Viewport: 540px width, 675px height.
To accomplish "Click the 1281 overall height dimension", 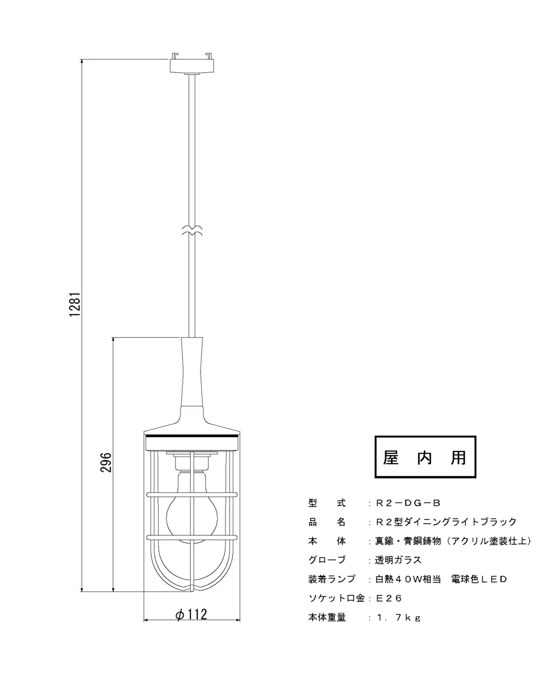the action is [x=75, y=304].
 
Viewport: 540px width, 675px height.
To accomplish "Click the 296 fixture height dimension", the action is [x=106, y=462].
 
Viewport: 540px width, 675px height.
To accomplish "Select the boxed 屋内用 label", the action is [x=425, y=457].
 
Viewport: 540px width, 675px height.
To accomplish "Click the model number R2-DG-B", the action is [x=408, y=503].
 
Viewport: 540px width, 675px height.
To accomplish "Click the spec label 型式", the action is [x=327, y=503].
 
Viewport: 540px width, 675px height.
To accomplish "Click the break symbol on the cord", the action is [x=192, y=231].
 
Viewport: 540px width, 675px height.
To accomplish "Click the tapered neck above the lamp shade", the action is [x=192, y=372].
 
